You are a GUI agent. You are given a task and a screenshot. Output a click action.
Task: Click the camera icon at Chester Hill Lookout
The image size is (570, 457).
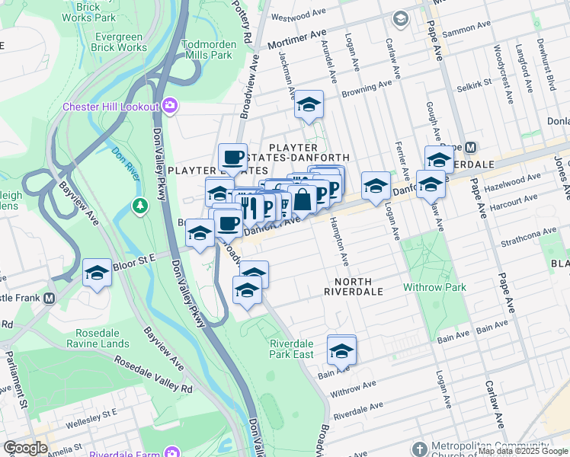pyautogui.click(x=169, y=106)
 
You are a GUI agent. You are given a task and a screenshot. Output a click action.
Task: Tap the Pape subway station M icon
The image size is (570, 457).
pyautogui.click(x=470, y=147)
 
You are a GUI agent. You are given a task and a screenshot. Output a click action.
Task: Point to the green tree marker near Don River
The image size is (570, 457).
pyautogui.click(x=139, y=206)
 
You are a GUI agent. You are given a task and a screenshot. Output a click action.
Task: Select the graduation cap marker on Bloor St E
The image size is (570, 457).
pyautogui.click(x=98, y=273)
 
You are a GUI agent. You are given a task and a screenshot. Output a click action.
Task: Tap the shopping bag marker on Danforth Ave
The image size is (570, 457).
pyautogui.click(x=303, y=200)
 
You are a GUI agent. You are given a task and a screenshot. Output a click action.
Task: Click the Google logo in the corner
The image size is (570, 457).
pyautogui.click(x=25, y=448)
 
